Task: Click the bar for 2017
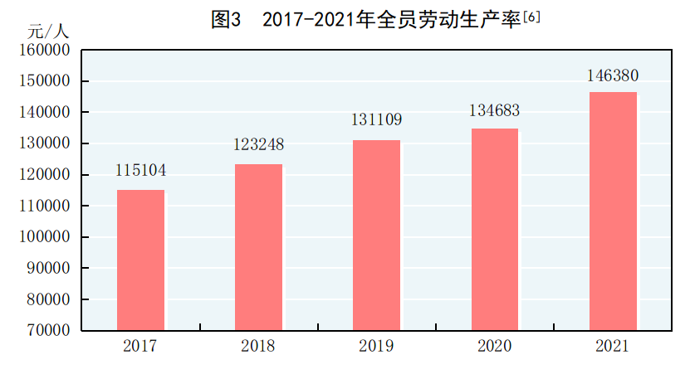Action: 140,260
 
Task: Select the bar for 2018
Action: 258,247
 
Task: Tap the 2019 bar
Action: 376,235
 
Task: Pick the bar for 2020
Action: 495,229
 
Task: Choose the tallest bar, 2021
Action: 613,211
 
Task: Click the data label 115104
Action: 140,171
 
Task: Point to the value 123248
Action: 258,144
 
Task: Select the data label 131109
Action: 376,120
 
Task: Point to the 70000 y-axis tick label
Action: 46,330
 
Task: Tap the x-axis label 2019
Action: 376,346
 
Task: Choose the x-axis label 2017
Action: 140,346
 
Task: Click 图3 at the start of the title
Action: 226,20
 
